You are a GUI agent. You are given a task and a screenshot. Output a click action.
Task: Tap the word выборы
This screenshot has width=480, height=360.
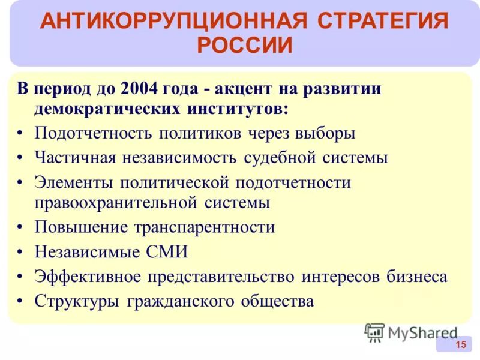pyautogui.click(x=326, y=133)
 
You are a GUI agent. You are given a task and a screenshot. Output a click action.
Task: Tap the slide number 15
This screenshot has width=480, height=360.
pyautogui.click(x=460, y=344)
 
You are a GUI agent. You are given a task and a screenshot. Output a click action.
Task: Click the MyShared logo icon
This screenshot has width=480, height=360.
pyautogui.click(x=374, y=332)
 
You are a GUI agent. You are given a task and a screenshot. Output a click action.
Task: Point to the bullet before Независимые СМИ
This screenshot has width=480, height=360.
pyautogui.click(x=21, y=252)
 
